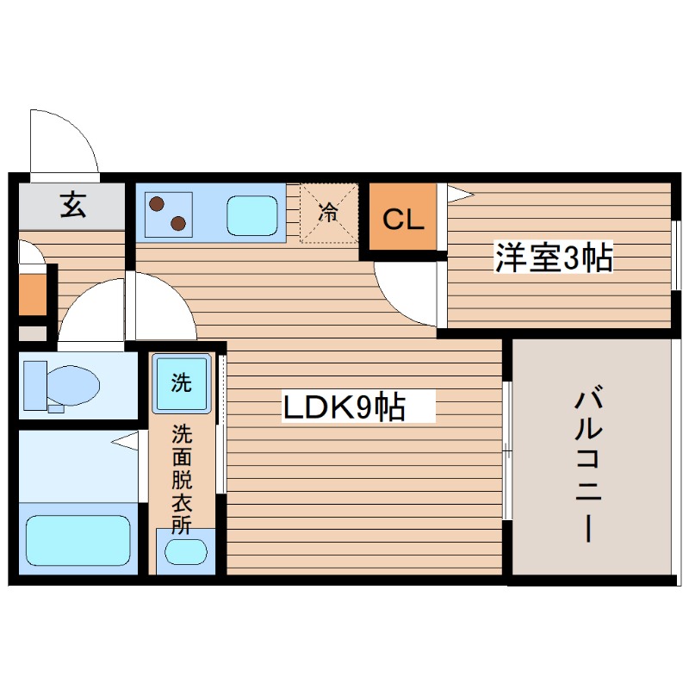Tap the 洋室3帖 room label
[553, 257]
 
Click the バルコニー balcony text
[588, 465]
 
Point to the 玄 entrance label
[73, 207]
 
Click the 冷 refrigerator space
[328, 212]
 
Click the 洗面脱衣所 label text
[181, 479]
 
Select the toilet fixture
[73, 384]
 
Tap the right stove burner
[179, 223]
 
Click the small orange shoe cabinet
[32, 295]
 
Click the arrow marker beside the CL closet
[457, 194]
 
